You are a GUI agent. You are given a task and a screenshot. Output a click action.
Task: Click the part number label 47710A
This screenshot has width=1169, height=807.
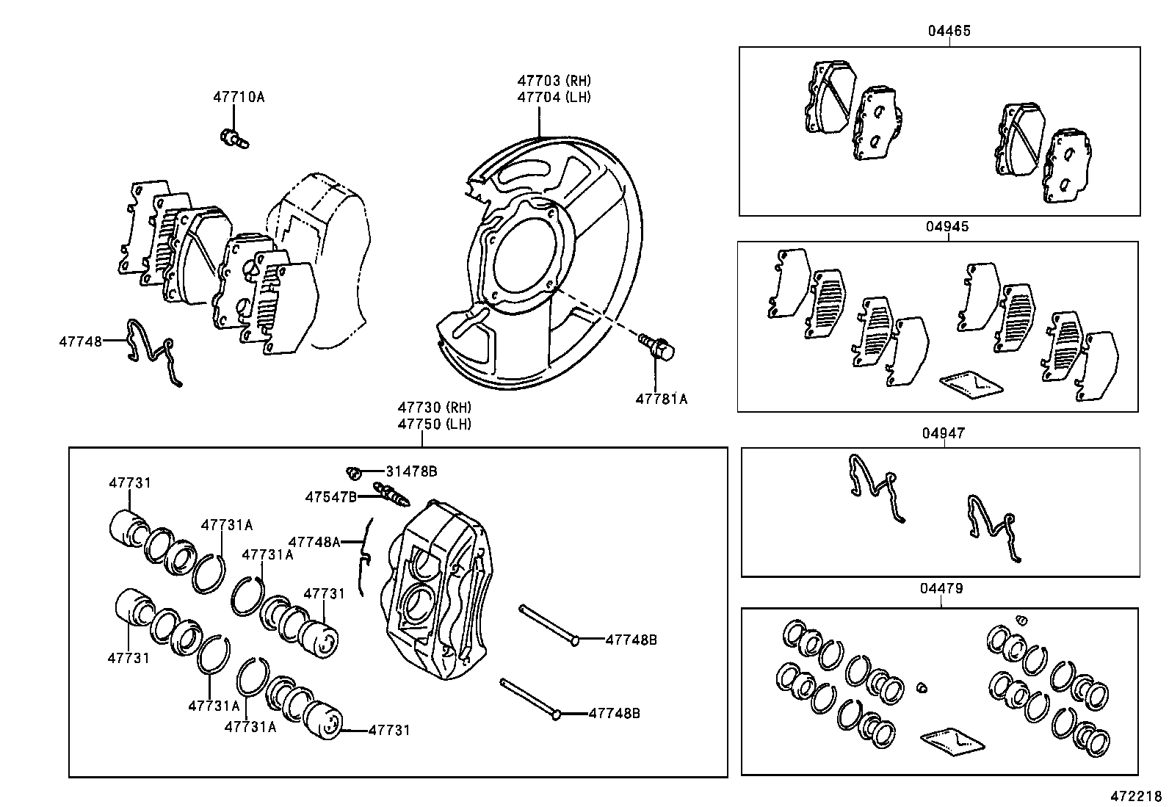point(239,97)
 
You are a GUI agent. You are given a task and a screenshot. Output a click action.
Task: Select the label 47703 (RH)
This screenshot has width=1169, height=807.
point(554,81)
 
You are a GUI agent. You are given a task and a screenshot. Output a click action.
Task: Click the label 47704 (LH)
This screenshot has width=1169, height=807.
point(554,97)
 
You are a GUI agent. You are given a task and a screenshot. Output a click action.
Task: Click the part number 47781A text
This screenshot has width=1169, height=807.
point(661,399)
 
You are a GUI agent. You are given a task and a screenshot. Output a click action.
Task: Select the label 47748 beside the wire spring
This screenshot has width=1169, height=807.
point(81,341)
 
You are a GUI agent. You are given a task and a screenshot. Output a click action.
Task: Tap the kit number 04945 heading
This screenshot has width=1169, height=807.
point(947,226)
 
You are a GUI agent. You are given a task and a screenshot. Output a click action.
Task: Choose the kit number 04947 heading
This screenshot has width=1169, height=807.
point(944,433)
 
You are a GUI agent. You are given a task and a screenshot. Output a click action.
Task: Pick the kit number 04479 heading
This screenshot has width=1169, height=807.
point(941,588)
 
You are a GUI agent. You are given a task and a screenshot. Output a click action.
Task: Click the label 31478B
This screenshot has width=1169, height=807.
point(411,471)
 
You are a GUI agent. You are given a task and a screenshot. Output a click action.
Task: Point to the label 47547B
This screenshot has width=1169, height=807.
point(330,497)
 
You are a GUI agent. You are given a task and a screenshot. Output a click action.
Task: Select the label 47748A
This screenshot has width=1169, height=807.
point(314,542)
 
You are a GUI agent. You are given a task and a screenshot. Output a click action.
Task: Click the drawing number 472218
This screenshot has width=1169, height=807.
point(1135,796)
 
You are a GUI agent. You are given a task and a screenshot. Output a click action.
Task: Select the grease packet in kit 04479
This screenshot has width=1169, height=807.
point(952,742)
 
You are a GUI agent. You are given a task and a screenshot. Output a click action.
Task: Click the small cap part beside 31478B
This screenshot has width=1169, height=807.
point(352,471)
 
